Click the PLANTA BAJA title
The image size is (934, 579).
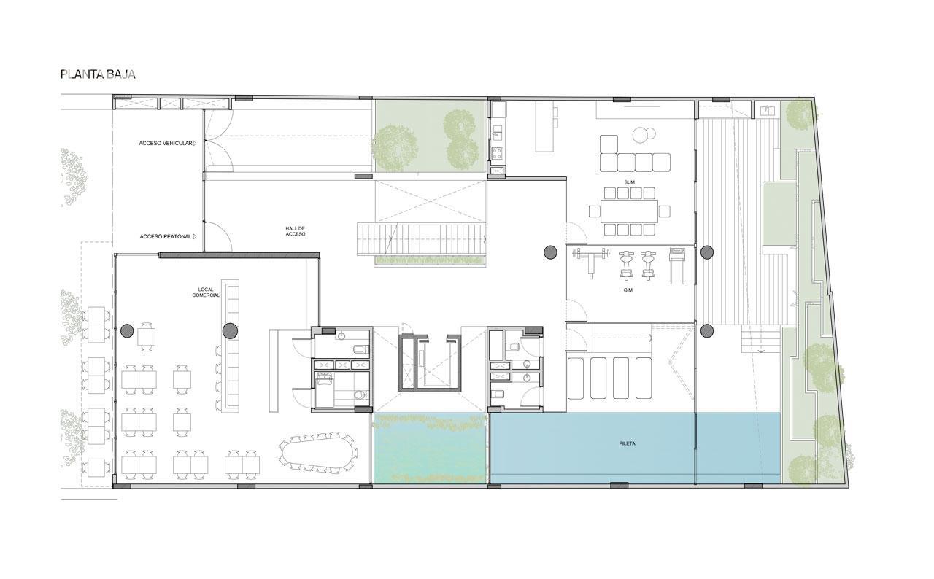pyautogui.click(x=98, y=74)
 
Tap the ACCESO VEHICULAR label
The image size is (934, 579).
pyautogui.click(x=166, y=144)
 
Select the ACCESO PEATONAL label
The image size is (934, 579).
pyautogui.click(x=166, y=236)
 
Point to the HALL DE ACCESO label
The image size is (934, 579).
pyautogui.click(x=296, y=231)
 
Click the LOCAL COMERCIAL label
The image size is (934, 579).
pyautogui.click(x=206, y=292)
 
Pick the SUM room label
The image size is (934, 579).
pyautogui.click(x=629, y=182)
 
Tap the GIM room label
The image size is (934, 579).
pyautogui.click(x=628, y=290)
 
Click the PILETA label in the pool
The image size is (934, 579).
pyautogui.click(x=627, y=443)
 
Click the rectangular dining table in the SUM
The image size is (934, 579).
pyautogui.click(x=629, y=211)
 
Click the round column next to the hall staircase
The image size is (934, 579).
pyautogui.click(x=551, y=252)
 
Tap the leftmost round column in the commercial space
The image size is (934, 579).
pyautogui.click(x=127, y=331)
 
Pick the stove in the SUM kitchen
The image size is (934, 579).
pyautogui.click(x=497, y=153)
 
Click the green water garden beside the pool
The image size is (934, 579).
pyautogui.click(x=430, y=448)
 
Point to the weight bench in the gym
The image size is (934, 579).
pyautogui.click(x=591, y=261)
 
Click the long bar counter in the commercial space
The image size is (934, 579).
pyautogui.click(x=232, y=346)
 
